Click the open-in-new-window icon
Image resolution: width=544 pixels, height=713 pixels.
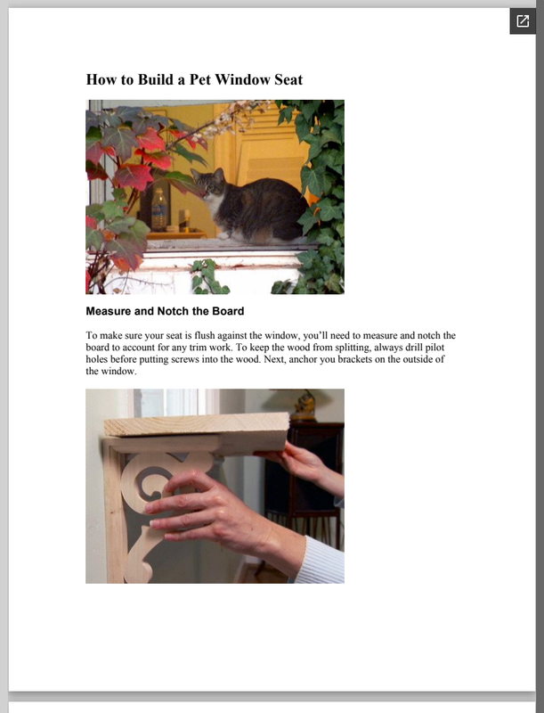tap(523, 20)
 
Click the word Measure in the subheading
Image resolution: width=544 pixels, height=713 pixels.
tap(107, 311)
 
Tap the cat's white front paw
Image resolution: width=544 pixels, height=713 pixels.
tap(223, 235)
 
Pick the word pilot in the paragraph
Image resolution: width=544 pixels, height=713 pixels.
tap(434, 348)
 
